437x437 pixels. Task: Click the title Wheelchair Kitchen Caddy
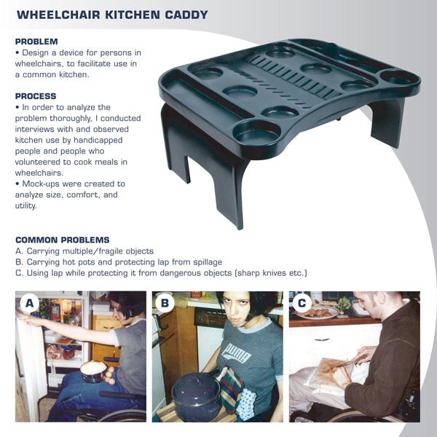[x=112, y=15]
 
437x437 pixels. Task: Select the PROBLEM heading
[x=36, y=42]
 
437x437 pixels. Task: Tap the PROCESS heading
[x=36, y=96]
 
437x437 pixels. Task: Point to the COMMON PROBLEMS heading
[x=63, y=240]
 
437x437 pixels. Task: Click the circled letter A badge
[x=29, y=303]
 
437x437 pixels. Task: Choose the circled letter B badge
[x=165, y=303]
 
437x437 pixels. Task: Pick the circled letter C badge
[x=302, y=303]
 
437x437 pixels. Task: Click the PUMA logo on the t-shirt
[x=236, y=353]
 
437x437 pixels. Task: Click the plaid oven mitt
[x=230, y=389]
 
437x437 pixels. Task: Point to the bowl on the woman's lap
[x=93, y=371]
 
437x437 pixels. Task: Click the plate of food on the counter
[x=318, y=312]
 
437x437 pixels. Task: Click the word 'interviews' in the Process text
[x=35, y=130]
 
